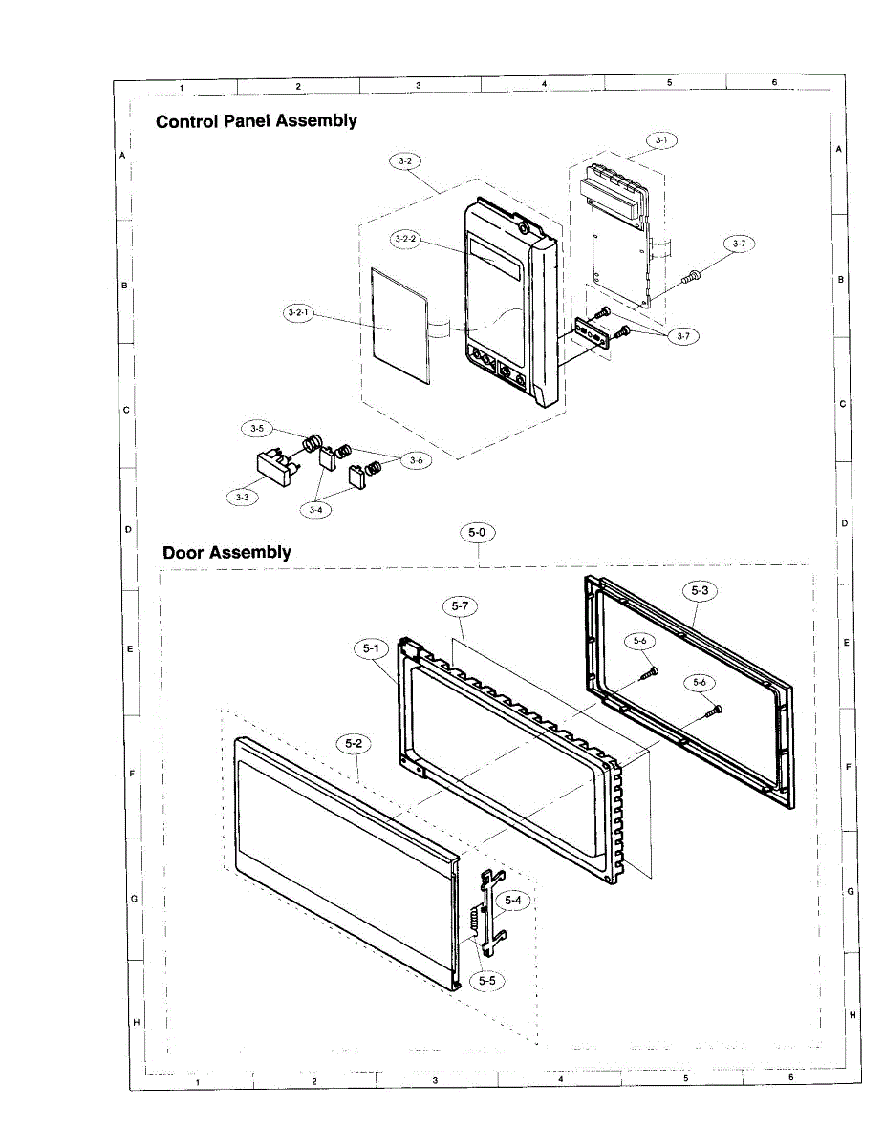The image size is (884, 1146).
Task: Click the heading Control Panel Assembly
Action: click(256, 121)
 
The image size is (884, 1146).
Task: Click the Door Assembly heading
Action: click(226, 552)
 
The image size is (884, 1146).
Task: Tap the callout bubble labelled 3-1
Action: click(660, 140)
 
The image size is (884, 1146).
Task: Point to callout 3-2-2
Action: click(406, 238)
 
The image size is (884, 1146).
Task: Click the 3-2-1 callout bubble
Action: click(300, 313)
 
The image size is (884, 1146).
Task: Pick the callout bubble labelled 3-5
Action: click(257, 429)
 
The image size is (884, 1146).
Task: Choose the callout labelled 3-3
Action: click(243, 498)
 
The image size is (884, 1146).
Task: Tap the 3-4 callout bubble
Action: click(315, 510)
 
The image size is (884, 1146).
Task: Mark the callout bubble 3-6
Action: click(416, 460)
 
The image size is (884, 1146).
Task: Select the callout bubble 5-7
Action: click(461, 605)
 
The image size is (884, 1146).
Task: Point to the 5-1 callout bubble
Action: click(371, 649)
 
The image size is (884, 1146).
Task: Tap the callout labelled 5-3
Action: click(700, 591)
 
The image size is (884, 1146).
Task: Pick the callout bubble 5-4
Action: click(513, 901)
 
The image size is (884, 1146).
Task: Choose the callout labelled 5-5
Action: click(487, 979)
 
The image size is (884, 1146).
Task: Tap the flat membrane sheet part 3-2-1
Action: click(400, 323)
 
